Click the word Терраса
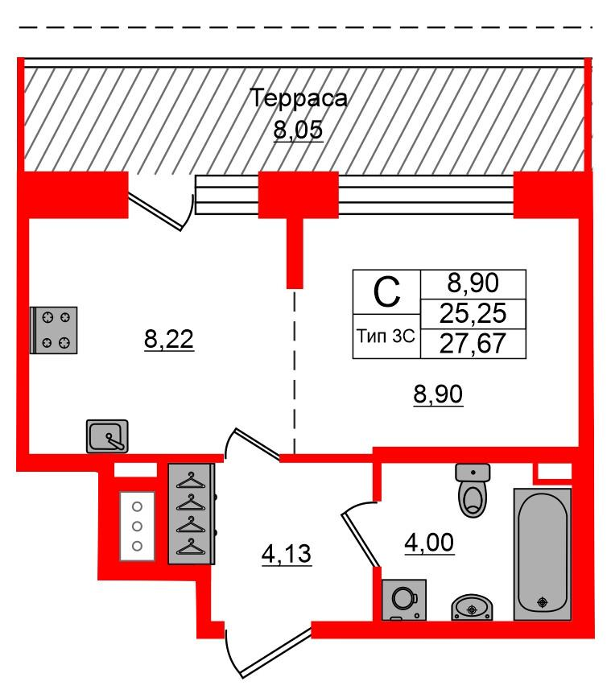(x=298, y=98)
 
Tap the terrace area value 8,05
(x=298, y=130)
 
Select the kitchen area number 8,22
(x=169, y=339)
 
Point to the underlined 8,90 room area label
(x=439, y=394)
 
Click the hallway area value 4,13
(x=287, y=554)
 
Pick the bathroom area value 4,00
(x=429, y=543)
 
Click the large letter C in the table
(x=386, y=292)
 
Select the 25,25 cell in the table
(x=473, y=313)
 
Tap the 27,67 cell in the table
(x=473, y=343)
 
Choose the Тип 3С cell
(x=386, y=336)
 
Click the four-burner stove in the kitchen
(x=54, y=330)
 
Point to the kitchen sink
(x=107, y=436)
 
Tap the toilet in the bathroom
(x=473, y=490)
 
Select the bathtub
(x=543, y=554)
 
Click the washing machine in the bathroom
(x=404, y=600)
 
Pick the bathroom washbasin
(x=473, y=607)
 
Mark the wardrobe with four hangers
(x=192, y=514)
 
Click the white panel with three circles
(x=137, y=526)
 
